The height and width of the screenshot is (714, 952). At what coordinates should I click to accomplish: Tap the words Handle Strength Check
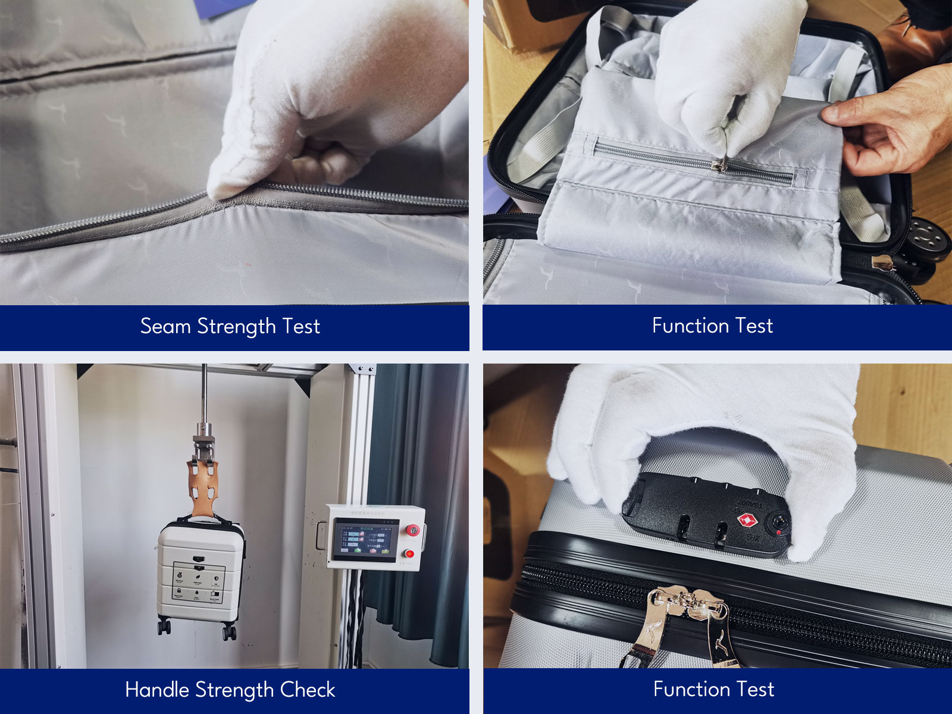[x=230, y=690]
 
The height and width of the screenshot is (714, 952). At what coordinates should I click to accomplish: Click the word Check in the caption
[x=308, y=690]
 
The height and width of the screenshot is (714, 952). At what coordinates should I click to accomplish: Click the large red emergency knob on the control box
[x=412, y=530]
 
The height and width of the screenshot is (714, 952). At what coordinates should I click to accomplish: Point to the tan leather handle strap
[x=202, y=488]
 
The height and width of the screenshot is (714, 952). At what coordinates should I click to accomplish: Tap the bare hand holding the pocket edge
[x=892, y=125]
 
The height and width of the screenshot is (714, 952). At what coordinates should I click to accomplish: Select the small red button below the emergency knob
[x=409, y=554]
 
